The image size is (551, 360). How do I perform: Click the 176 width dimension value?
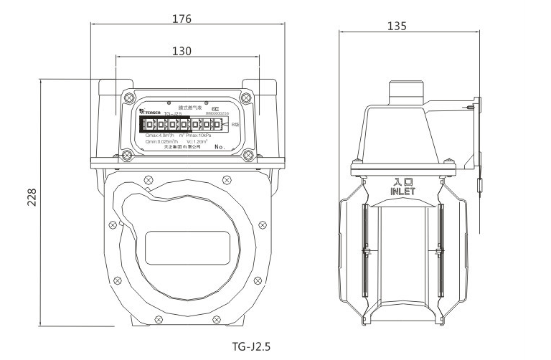point(182,19)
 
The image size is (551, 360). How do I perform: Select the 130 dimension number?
point(182,52)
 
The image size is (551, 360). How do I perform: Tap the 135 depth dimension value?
point(397,26)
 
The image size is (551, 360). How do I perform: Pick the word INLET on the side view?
point(402,191)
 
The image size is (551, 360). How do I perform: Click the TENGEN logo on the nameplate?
point(153,113)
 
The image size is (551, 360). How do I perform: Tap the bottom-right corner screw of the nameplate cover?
point(248,154)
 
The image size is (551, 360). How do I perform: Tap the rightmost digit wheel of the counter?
point(216,125)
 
